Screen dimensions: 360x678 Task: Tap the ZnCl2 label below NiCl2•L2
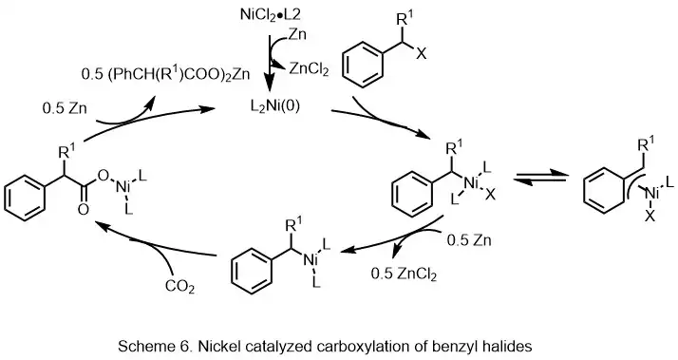[294, 65]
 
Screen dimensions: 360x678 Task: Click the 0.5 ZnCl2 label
[411, 275]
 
